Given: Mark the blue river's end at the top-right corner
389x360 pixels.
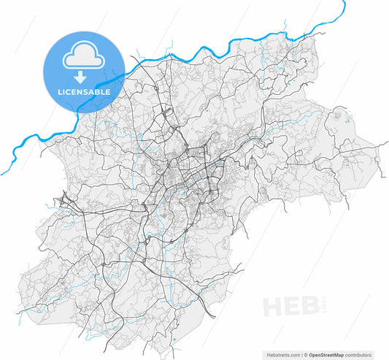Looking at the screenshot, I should pos(344,2).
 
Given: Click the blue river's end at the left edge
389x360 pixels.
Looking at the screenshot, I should pos(2,174).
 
